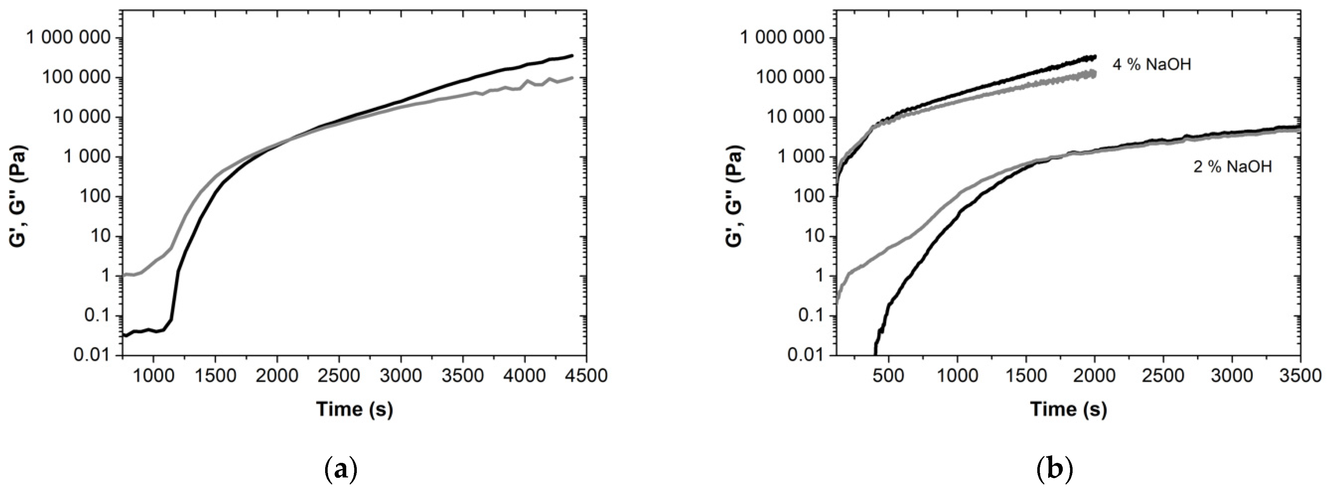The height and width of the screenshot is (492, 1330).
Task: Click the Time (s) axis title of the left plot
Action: click(355, 409)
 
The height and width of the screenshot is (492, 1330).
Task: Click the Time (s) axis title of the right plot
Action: click(1069, 409)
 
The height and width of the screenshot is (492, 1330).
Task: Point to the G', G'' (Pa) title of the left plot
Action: click(20, 196)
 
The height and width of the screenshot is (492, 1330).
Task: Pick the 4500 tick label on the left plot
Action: click(587, 375)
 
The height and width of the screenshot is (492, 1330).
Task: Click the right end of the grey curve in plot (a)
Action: click(572, 78)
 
